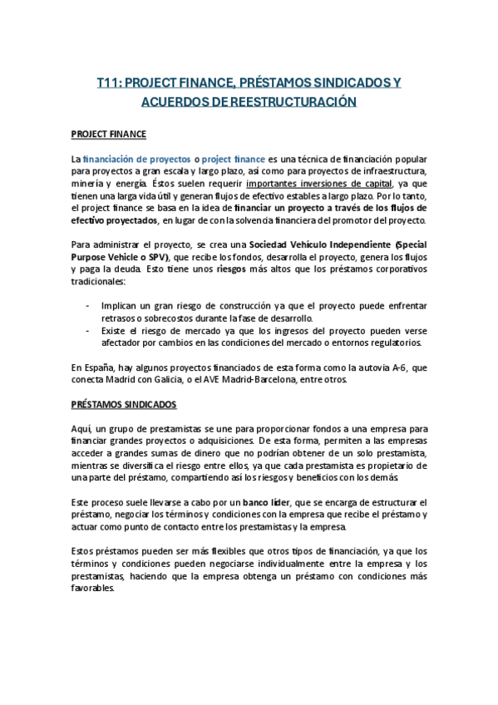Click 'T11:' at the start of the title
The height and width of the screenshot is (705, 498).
click(110, 83)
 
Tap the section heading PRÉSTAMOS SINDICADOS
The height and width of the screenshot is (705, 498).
click(123, 404)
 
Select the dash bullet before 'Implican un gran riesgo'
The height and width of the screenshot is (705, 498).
click(90, 305)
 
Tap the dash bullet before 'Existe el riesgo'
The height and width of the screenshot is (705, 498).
click(90, 330)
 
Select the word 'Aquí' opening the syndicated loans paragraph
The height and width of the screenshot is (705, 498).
click(81, 426)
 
